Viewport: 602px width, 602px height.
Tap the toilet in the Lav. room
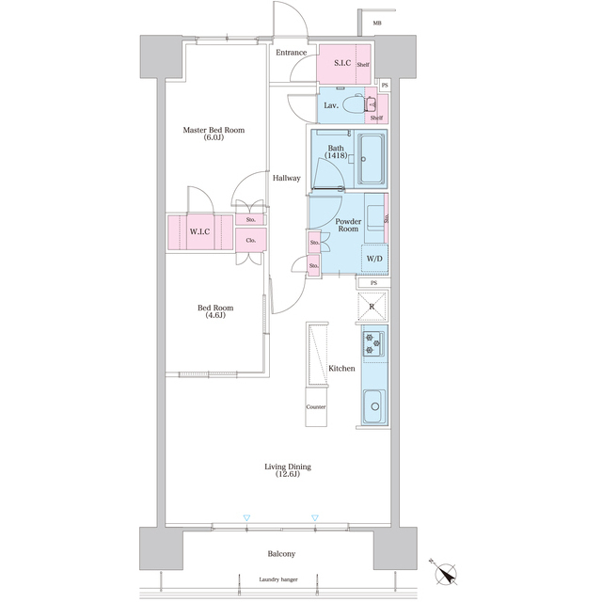354,104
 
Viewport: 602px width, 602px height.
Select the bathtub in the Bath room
372,159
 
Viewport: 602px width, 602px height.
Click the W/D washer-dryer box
374,259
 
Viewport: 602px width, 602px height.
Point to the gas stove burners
372,343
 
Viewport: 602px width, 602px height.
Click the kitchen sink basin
374,406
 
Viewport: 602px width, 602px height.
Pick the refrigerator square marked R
372,307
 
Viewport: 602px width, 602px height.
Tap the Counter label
316,407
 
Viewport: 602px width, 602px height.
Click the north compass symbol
445,573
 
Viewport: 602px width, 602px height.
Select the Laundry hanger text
278,579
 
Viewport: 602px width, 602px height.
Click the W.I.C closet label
199,232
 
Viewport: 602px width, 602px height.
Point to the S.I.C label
342,63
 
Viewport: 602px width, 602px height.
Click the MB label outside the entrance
377,24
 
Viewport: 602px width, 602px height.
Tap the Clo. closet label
251,241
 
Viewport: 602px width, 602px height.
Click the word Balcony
281,554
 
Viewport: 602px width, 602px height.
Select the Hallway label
286,178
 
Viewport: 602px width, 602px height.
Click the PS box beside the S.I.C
385,86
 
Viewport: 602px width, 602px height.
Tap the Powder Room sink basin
375,217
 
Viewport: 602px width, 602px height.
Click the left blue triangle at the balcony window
246,518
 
